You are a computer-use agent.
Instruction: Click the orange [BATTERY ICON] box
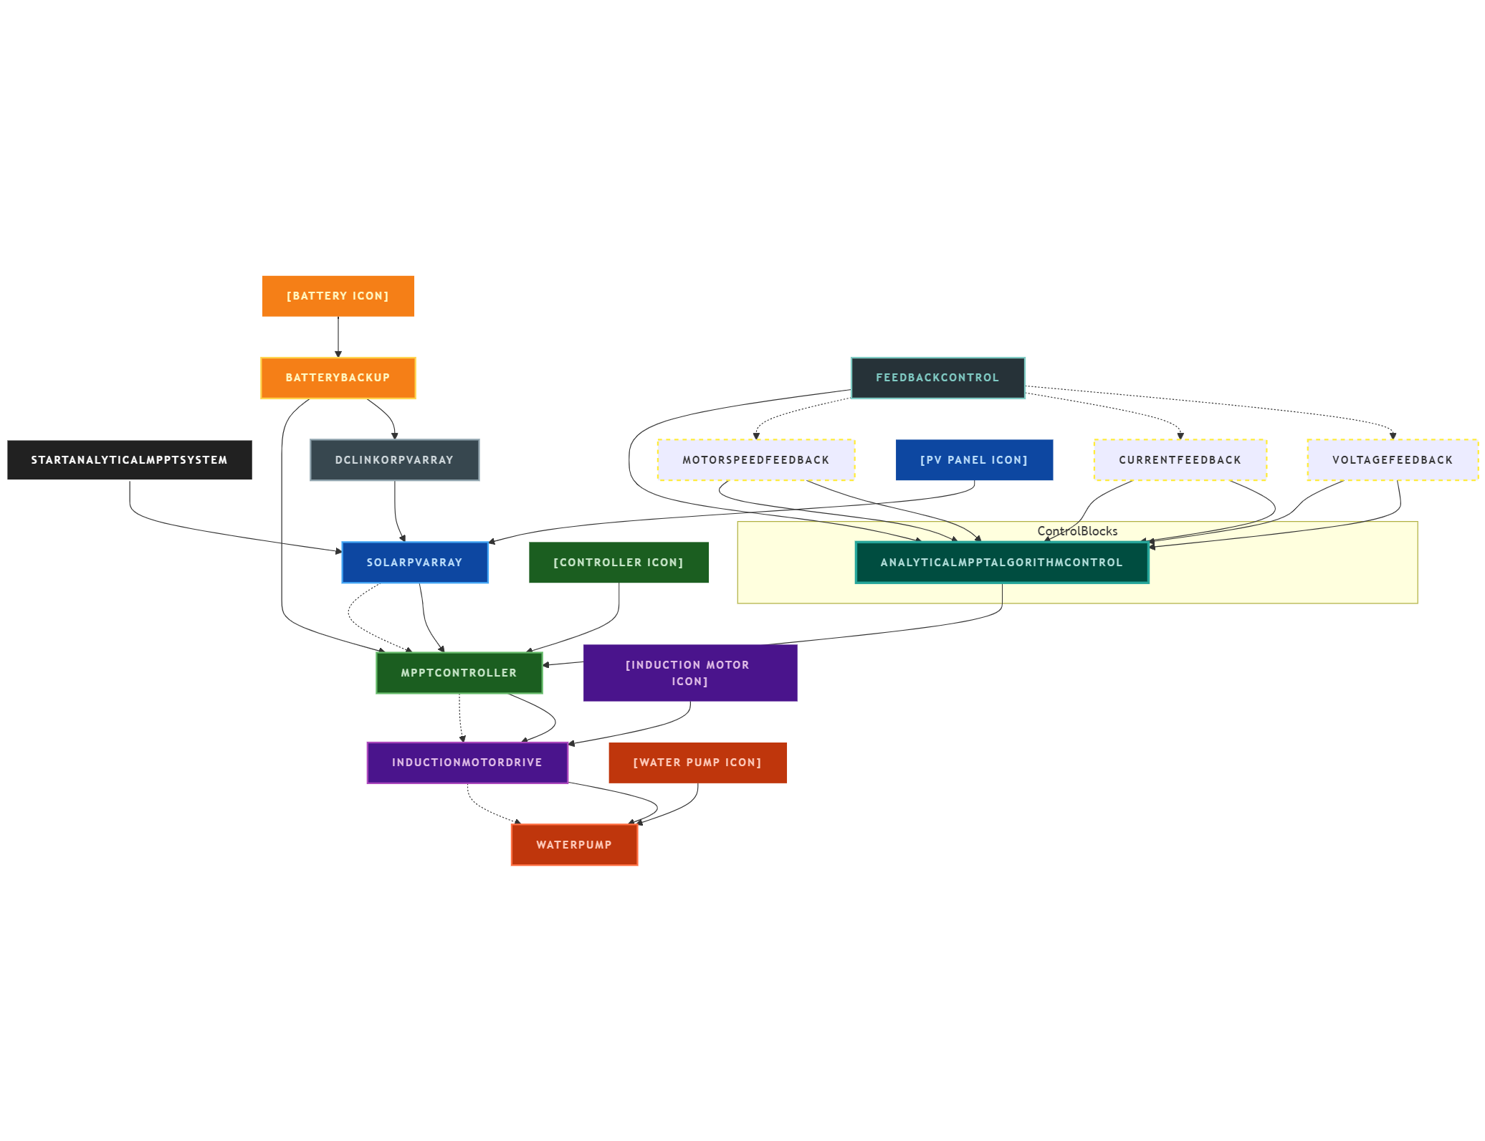[338, 296]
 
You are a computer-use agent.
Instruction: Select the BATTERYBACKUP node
[338, 378]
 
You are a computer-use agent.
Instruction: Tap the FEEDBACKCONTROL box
[937, 378]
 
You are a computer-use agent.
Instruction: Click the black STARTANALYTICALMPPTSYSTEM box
[129, 460]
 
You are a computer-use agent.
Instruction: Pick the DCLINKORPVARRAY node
[394, 460]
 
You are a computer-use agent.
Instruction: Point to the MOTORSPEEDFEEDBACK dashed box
[755, 460]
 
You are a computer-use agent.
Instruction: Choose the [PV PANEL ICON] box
[974, 460]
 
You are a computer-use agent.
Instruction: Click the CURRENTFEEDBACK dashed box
[1180, 460]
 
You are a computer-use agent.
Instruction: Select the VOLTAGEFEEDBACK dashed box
[1392, 460]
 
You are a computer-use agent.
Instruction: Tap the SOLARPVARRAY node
[414, 563]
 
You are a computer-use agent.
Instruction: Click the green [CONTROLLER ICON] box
[619, 563]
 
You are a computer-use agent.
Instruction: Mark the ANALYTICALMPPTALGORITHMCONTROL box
[1001, 563]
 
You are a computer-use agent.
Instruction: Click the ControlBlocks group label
[1077, 531]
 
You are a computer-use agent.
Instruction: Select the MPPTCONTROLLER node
[459, 673]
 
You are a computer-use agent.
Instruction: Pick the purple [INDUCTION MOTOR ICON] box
[689, 673]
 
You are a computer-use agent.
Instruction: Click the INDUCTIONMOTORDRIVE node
[467, 763]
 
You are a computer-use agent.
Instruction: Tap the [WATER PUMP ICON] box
[697, 763]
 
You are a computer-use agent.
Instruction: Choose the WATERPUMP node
[574, 845]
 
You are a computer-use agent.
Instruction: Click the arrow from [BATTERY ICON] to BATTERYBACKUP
[338, 337]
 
